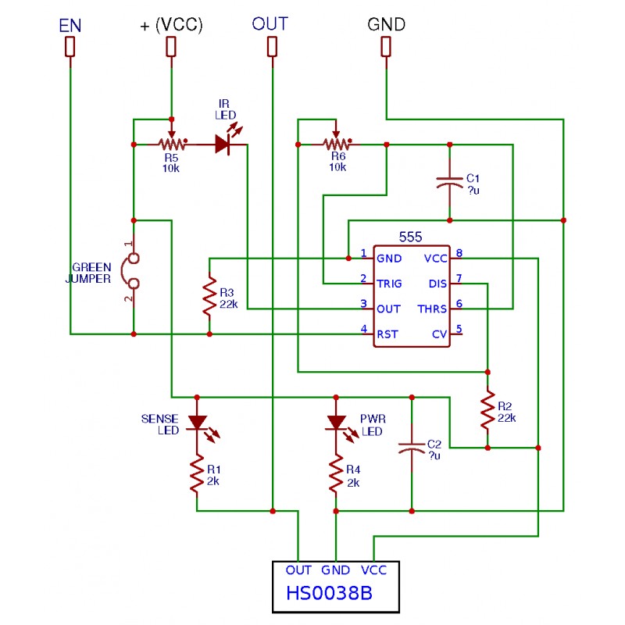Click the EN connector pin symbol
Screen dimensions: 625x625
[x=70, y=47]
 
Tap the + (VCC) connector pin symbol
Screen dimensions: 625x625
[x=171, y=47]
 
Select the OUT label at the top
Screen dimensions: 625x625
[x=270, y=24]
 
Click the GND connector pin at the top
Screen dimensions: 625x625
[x=386, y=47]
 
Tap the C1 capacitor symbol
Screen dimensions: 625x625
[x=450, y=182]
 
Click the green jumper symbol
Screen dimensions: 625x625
[x=131, y=271]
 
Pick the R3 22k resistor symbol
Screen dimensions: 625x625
[x=209, y=296]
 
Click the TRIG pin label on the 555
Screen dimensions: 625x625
[x=389, y=284]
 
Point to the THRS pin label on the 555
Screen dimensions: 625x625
[x=432, y=309]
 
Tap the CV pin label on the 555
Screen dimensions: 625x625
[x=440, y=334]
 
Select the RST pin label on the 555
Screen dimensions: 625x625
[x=387, y=334]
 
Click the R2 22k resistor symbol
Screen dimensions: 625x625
[x=487, y=409]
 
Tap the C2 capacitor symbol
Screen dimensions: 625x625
[x=412, y=448]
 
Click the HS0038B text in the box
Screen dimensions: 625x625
[x=329, y=593]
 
